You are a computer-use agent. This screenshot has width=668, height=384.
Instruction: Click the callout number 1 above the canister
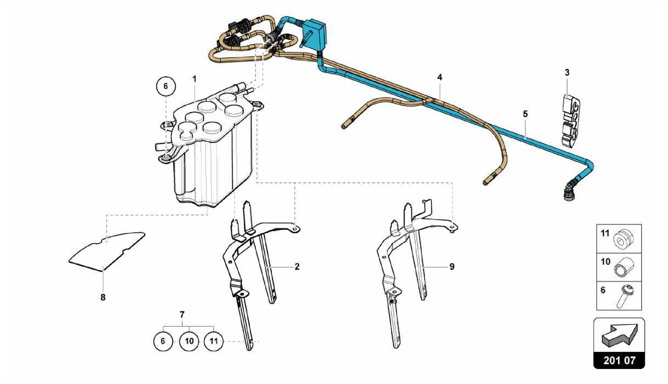194,79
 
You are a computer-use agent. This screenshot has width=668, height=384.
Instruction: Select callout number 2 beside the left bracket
297,267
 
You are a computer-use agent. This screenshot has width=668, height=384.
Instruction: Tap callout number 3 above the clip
567,72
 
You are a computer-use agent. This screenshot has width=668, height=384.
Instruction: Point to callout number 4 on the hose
440,77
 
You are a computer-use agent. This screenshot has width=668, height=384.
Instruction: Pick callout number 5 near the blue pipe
525,114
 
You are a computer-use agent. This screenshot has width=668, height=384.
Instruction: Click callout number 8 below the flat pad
103,297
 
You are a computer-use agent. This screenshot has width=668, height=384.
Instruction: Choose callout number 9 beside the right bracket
452,267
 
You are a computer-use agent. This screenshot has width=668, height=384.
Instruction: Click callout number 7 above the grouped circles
182,315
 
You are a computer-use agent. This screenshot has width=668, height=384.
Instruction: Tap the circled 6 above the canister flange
166,86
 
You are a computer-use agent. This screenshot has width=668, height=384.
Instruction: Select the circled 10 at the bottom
189,341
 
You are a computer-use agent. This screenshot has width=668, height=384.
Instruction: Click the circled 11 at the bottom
213,341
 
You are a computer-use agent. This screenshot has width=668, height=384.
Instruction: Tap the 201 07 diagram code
619,360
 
